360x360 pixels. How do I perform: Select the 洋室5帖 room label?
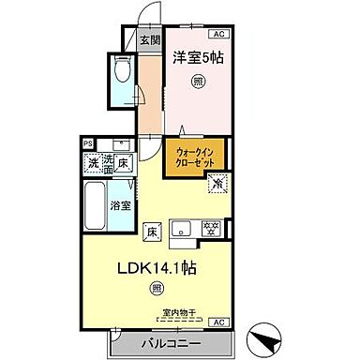coord(197,57)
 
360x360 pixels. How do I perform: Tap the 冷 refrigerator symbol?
coord(217,184)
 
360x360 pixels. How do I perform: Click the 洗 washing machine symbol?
coord(94,164)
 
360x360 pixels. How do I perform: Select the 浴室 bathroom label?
coord(121,204)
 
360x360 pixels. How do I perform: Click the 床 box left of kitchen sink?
coord(149,228)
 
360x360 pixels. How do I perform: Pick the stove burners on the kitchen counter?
coord(212,227)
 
